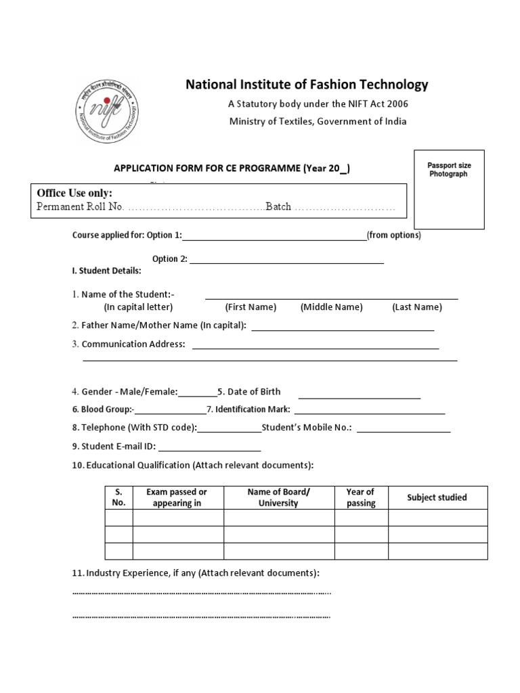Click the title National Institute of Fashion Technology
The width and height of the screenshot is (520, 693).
pyautogui.click(x=307, y=85)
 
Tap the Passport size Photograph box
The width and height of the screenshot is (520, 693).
pyautogui.click(x=449, y=189)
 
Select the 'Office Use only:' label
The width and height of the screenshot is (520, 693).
pyautogui.click(x=74, y=193)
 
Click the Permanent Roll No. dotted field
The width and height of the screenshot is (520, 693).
pyautogui.click(x=196, y=207)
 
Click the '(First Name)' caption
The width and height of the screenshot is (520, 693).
pyautogui.click(x=251, y=307)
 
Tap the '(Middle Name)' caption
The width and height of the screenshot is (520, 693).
pyautogui.click(x=332, y=307)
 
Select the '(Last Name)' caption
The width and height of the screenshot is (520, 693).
pyautogui.click(x=416, y=307)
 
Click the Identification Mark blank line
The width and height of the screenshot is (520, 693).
pyautogui.click(x=370, y=411)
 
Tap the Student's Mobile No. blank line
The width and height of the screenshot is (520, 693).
pyautogui.click(x=404, y=429)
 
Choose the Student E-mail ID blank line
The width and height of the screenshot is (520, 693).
pyautogui.click(x=209, y=448)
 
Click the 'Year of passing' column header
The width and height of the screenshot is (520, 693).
pyautogui.click(x=361, y=497)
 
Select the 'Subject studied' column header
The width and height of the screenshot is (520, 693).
pyautogui.click(x=437, y=497)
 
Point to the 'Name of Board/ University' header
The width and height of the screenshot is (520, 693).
pyautogui.click(x=278, y=497)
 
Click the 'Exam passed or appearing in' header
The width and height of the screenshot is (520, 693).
pyautogui.click(x=177, y=497)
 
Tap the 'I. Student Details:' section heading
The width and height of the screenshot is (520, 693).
pyautogui.click(x=106, y=271)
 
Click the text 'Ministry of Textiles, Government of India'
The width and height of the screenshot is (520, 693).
pyautogui.click(x=318, y=122)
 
